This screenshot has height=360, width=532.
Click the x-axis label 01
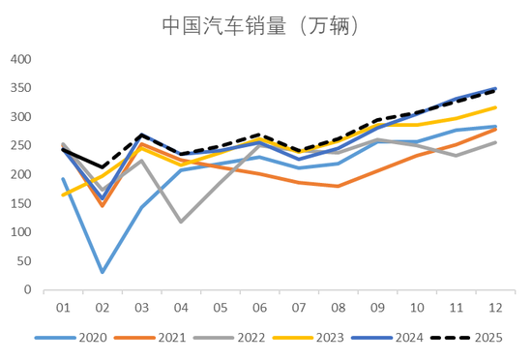(63, 307)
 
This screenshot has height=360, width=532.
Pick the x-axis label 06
(258, 307)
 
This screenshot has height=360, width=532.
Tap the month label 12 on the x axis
(494, 307)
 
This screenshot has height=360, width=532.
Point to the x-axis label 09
(376, 307)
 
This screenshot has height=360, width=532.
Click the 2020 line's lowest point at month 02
(102, 272)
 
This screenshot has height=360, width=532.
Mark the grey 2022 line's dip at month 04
(180, 222)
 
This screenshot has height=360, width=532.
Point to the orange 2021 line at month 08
(338, 186)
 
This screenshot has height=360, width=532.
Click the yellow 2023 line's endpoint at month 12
(494, 107)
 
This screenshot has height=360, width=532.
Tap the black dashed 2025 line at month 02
(102, 167)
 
